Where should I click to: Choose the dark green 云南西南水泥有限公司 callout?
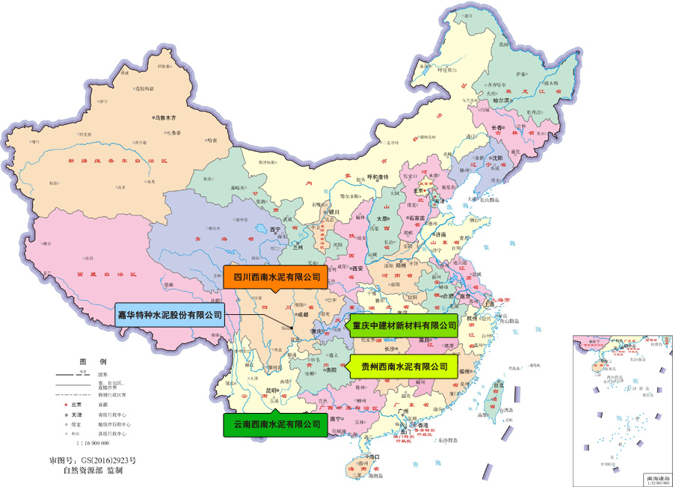(277, 424)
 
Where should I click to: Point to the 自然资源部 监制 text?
(93, 471)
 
